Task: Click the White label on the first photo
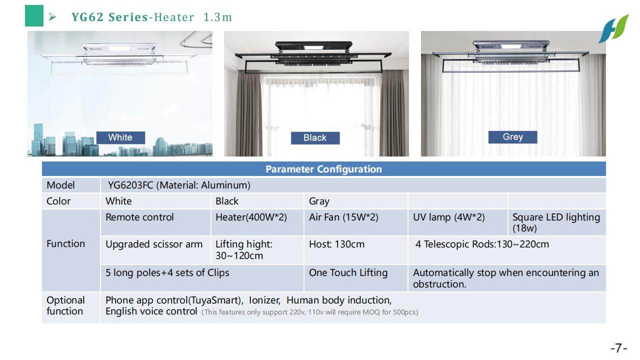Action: pos(120,137)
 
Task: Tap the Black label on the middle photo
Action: pos(315,138)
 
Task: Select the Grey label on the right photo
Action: pos(512,137)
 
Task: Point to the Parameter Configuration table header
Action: pos(323,169)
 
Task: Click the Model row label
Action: pos(60,185)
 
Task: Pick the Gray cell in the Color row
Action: pos(319,201)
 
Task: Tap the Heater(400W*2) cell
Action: pos(251,217)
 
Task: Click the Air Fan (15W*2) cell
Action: pos(343,217)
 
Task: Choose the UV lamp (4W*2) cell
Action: pos(449,217)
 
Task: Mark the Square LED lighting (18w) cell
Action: pos(556,222)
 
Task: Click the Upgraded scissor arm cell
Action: pos(154,244)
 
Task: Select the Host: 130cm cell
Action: pos(337,244)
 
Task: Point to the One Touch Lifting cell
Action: pos(348,273)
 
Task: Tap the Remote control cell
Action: pos(140,217)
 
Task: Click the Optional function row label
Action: pos(65,305)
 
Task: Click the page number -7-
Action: pos(618,348)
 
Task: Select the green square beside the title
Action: pos(34,17)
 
